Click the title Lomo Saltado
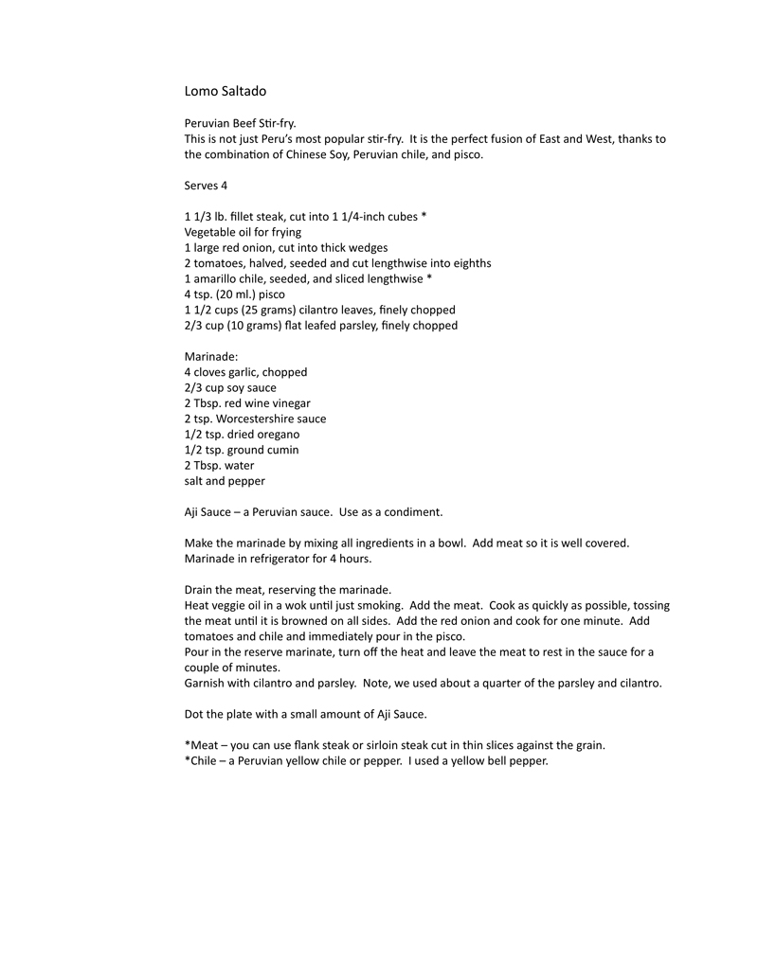point(226,92)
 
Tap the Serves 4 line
point(206,186)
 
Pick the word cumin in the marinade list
point(280,450)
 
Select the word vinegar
point(290,403)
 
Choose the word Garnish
point(206,683)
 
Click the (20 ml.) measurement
point(237,294)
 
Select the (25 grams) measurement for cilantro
point(263,310)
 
